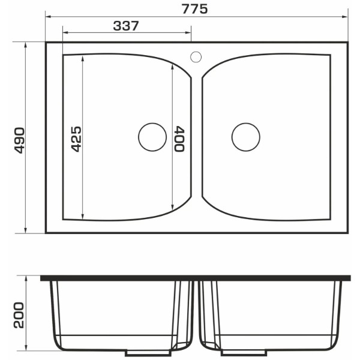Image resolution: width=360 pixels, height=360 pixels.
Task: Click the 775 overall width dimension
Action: click(x=194, y=10)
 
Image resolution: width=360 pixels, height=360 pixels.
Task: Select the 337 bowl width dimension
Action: click(x=126, y=26)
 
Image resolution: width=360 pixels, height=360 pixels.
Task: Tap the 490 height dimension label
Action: click(x=19, y=140)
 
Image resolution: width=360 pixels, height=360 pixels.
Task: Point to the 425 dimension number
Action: click(x=76, y=139)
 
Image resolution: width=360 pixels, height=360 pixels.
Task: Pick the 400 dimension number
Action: click(x=179, y=139)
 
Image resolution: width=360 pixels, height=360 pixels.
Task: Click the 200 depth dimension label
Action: click(x=19, y=315)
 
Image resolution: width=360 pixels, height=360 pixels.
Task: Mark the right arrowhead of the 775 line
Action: click(x=345, y=17)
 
